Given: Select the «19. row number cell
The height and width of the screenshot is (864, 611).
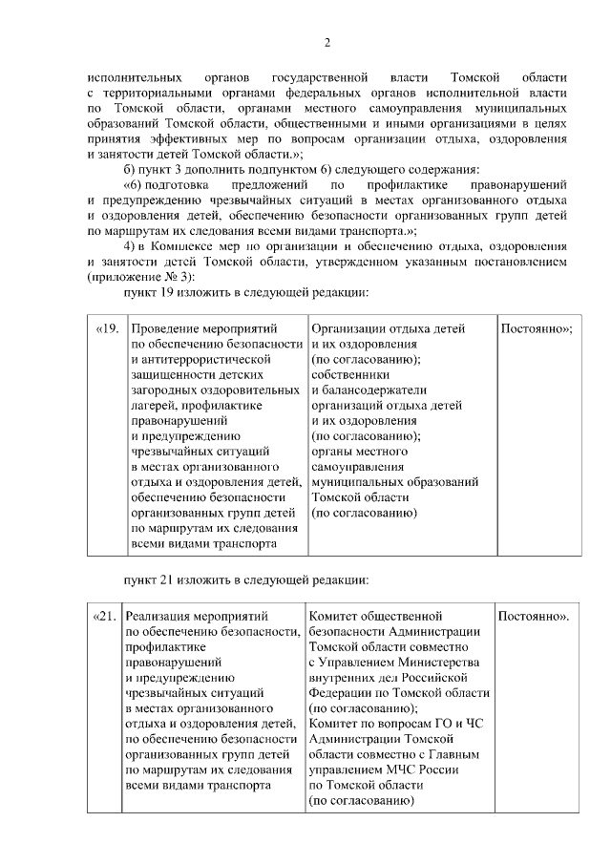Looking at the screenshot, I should click(x=107, y=328).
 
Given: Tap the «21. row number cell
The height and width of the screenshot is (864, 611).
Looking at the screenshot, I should click(x=105, y=616).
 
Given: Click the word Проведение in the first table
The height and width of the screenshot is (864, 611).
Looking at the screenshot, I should click(x=162, y=328).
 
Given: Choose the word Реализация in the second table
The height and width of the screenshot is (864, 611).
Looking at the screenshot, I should click(x=160, y=616).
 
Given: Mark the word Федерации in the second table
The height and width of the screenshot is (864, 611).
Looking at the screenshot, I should click(x=341, y=692).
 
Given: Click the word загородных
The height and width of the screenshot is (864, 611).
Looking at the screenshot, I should click(x=162, y=390).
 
